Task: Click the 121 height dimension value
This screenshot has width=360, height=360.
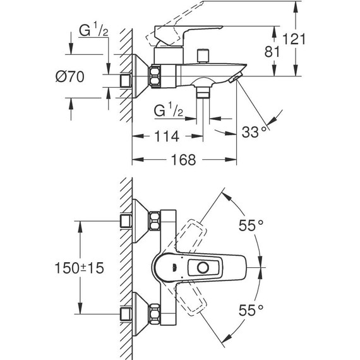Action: tap(294, 39)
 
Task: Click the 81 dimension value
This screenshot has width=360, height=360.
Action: tap(272, 52)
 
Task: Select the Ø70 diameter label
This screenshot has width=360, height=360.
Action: tap(70, 76)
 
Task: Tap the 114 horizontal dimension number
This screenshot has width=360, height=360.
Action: tap(167, 136)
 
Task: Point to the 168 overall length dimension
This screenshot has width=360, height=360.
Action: tap(184, 160)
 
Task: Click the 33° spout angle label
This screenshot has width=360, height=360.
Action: tap(254, 132)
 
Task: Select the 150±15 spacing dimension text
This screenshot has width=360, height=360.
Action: tap(79, 268)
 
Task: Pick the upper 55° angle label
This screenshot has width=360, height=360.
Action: tap(251, 225)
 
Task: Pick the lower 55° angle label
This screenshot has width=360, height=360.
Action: tap(251, 310)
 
